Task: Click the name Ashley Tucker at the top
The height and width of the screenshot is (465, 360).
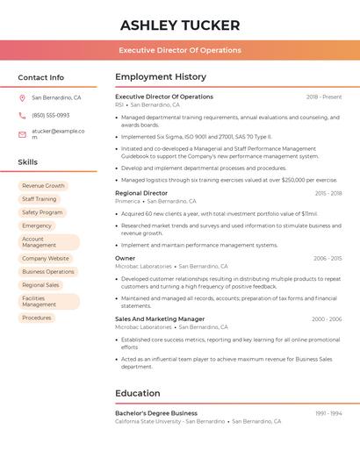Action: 180,25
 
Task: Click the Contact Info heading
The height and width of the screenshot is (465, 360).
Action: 41,77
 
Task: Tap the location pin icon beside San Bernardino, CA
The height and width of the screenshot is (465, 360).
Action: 23,98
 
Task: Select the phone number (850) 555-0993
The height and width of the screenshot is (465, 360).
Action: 51,115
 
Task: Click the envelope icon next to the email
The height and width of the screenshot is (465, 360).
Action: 23,134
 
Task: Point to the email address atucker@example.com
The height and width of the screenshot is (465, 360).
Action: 58,134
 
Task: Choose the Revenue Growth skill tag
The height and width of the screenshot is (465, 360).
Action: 43,186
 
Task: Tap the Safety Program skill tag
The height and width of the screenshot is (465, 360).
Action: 42,212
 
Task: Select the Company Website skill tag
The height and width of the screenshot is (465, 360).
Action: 45,259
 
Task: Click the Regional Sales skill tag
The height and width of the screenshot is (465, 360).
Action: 40,285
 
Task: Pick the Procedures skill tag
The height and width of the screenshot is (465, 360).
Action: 37,318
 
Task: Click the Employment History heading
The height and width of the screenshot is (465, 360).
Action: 161,77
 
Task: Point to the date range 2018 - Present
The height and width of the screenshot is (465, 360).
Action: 324,97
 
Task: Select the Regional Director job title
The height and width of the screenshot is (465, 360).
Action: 141,193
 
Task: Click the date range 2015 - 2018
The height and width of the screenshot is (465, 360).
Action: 328,193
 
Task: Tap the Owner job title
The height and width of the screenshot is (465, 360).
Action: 126,258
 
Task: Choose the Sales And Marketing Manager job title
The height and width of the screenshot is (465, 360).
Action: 160,319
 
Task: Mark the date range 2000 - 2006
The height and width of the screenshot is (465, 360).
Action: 327,319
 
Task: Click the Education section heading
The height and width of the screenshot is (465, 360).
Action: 138,393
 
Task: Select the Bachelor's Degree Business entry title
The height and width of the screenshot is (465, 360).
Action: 156,412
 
